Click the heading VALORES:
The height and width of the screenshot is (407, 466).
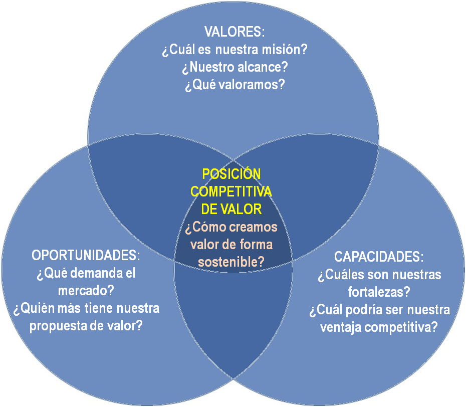point(234,32)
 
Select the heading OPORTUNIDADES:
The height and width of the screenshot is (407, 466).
point(86,255)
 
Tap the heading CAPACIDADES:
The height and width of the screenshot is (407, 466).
point(379,257)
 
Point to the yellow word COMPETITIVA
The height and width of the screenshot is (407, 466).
point(231,191)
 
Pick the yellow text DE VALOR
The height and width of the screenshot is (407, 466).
point(231,209)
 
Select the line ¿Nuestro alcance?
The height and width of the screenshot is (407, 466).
point(234,67)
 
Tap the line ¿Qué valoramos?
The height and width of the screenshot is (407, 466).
point(235,84)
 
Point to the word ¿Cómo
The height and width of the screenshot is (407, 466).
point(202,227)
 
